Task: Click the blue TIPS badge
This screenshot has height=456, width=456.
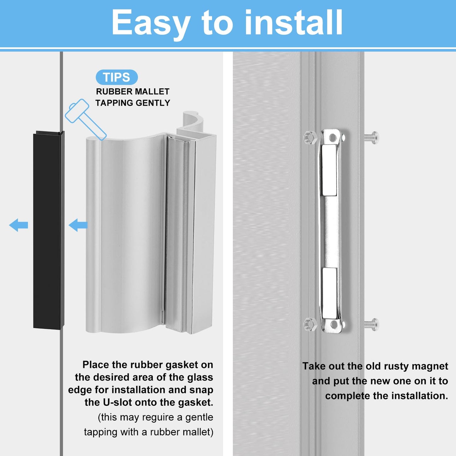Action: [116, 77]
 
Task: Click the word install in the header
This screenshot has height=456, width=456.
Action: [293, 23]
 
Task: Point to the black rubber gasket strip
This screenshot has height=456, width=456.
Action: [47, 230]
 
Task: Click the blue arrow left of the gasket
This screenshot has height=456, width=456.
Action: [19, 225]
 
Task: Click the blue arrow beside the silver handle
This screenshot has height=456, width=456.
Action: [78, 225]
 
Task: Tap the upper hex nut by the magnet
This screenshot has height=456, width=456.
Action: [310, 138]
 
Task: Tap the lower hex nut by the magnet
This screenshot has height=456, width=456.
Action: [310, 324]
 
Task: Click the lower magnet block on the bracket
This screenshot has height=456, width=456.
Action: [329, 293]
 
